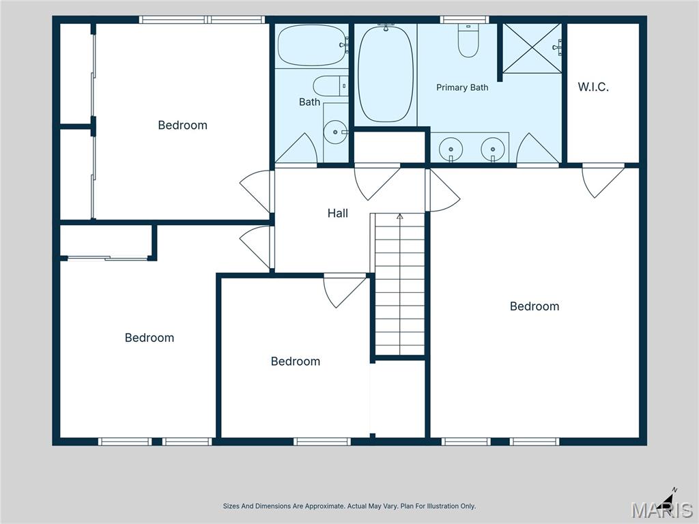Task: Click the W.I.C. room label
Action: coord(593,87)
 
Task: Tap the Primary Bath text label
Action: coord(462,87)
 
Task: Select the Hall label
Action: coord(337,214)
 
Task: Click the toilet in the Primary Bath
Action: coord(468,40)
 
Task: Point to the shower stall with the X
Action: coord(532,48)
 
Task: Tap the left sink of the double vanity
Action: coord(451,149)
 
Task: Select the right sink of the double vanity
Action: coord(493,149)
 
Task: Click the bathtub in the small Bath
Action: coord(311,46)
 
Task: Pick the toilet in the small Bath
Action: coord(330,86)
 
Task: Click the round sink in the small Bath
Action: coord(335,132)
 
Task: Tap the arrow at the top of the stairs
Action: coord(400,216)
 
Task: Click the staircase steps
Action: coord(399,285)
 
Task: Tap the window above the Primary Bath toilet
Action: coord(464,20)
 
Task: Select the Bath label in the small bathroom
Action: coord(309,102)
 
